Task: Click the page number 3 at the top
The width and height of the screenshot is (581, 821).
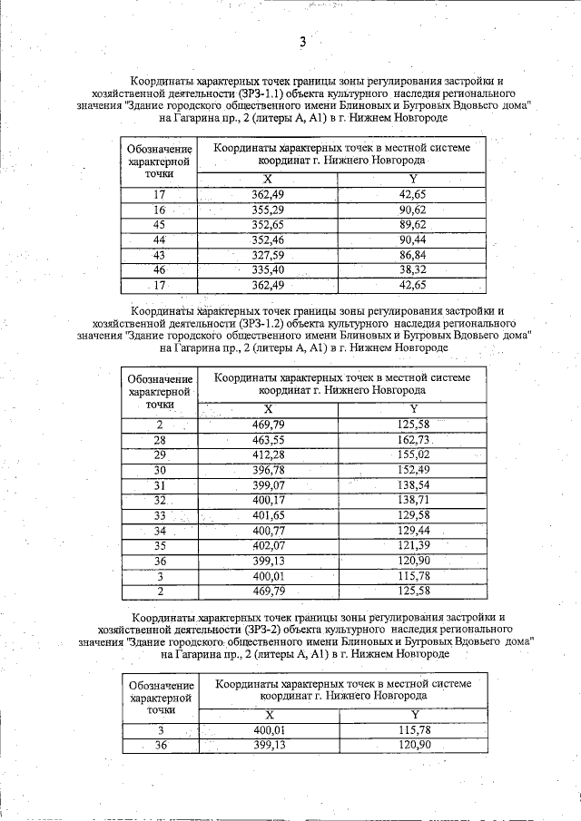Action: pos(303,42)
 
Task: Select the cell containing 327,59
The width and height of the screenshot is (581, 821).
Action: pos(268,255)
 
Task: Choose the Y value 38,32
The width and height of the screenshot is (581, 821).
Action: pos(413,269)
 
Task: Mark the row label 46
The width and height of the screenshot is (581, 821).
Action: pos(159,269)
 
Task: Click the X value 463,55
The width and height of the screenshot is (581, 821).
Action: pos(268,440)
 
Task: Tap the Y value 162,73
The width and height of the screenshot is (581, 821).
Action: pos(413,440)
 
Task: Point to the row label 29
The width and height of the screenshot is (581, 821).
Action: pos(159,454)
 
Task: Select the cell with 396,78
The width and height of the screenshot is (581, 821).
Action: pos(268,469)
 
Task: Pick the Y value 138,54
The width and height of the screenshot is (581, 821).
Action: pos(413,484)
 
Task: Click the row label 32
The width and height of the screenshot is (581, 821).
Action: pos(159,500)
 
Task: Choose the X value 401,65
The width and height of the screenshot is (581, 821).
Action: pos(268,514)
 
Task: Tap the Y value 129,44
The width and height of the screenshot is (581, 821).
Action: pos(413,529)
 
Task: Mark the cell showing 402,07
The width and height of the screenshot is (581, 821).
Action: pos(268,544)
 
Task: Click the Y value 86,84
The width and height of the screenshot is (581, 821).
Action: pos(413,255)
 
